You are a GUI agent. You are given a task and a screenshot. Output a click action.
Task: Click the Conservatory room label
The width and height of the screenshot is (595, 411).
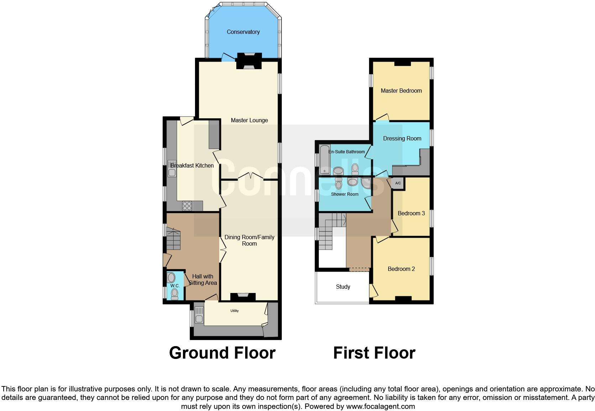point(243,32)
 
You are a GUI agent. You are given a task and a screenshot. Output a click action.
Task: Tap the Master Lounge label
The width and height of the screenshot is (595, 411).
point(249,120)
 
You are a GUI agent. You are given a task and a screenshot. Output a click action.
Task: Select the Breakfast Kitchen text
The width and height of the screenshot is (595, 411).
point(192,166)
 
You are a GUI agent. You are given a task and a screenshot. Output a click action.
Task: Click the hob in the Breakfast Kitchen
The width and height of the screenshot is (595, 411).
point(187,206)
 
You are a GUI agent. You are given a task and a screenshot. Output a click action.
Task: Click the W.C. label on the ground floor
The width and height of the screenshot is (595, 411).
point(174,286)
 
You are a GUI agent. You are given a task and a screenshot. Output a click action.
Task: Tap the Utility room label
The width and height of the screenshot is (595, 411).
point(235,311)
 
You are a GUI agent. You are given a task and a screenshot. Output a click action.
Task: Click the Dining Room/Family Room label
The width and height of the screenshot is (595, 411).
point(249,241)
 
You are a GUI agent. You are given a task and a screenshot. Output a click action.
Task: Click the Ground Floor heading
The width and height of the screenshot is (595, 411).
point(222,353)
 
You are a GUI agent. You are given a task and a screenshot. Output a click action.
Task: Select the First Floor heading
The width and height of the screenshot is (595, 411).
point(374,353)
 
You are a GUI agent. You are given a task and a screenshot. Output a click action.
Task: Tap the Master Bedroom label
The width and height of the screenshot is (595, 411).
point(401,91)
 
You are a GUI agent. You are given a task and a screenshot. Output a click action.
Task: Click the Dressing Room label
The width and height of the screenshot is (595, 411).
point(402,139)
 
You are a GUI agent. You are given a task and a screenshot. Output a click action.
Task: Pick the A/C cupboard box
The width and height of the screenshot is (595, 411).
point(398,183)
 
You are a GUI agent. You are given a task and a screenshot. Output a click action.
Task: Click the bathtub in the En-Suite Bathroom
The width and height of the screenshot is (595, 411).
point(324,160)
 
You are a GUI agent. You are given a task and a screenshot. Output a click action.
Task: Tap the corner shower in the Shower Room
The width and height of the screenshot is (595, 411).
point(365,183)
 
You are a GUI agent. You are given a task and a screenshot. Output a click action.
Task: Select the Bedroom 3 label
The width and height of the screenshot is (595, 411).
point(411,214)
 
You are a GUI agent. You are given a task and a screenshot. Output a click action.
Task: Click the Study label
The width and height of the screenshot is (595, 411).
point(343,287)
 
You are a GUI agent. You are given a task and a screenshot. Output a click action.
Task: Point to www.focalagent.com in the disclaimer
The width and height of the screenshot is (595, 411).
point(380,406)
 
